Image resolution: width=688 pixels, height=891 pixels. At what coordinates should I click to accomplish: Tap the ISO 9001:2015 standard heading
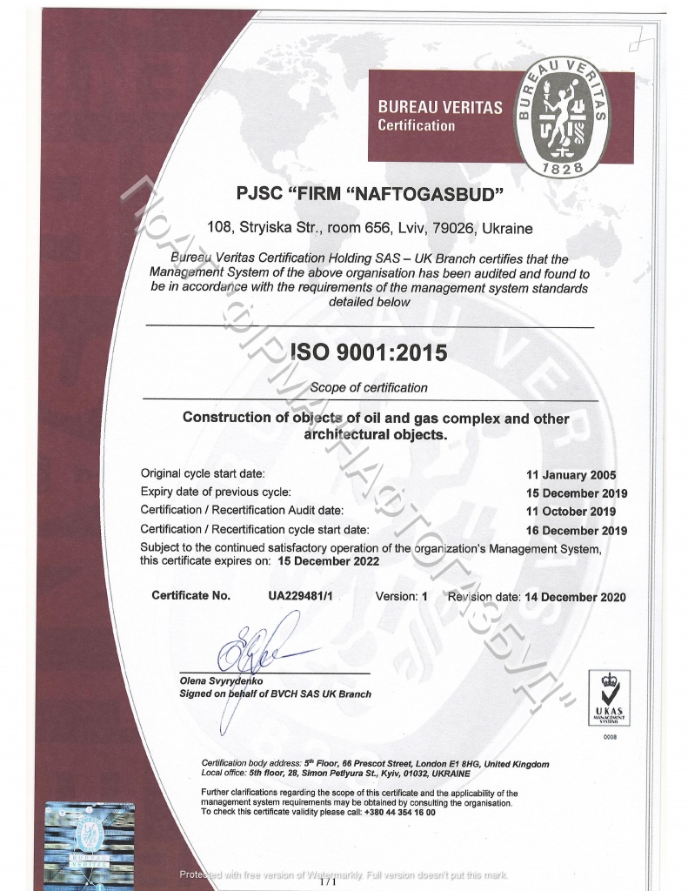(368, 353)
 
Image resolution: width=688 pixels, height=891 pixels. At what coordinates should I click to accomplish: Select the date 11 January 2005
(571, 475)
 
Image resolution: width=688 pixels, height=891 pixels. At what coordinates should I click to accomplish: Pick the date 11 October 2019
(571, 512)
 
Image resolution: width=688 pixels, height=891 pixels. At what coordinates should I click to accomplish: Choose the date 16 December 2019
(577, 530)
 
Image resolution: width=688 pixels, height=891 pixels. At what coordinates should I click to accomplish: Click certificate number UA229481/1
(301, 596)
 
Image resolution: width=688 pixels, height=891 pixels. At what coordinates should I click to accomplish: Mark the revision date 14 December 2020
(575, 598)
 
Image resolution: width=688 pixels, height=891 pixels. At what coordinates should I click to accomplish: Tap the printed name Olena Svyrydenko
(221, 681)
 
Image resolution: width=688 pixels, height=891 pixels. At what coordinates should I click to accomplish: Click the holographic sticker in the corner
(90, 840)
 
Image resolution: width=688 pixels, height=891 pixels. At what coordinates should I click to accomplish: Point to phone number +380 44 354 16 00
(399, 812)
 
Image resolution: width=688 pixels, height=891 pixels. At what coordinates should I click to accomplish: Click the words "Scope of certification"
(369, 387)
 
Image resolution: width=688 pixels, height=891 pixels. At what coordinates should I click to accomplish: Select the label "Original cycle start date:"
(202, 473)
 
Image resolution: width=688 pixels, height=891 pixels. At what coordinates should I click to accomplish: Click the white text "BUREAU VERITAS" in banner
(439, 108)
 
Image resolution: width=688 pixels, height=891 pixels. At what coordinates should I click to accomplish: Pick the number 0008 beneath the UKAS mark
(609, 737)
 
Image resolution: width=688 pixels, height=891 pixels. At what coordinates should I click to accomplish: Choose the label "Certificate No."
(191, 596)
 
